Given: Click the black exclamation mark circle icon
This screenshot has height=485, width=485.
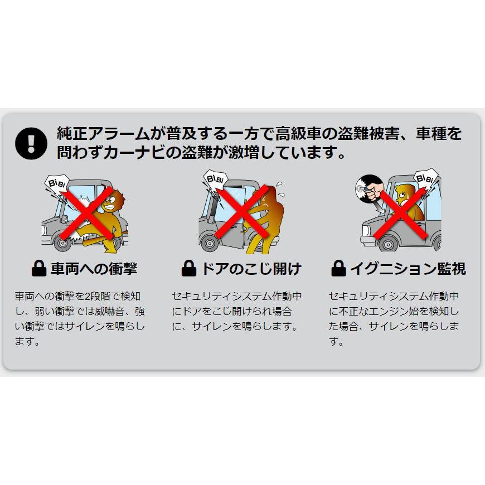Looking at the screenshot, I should [32, 143].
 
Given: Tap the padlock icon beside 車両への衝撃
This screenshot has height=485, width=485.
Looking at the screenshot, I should [38, 269].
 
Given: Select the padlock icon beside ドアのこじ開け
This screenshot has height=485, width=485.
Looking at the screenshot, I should [189, 269].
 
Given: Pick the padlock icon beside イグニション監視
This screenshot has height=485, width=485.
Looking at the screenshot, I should [338, 269].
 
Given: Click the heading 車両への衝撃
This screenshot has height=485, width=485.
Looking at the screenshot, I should [93, 269].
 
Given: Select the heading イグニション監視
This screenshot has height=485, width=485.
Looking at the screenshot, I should [408, 269].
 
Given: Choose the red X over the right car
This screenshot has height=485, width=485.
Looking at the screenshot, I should [402, 212].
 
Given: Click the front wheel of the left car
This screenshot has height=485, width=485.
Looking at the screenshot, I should [60, 244].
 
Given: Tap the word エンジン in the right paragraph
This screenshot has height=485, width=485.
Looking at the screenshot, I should [391, 312].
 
